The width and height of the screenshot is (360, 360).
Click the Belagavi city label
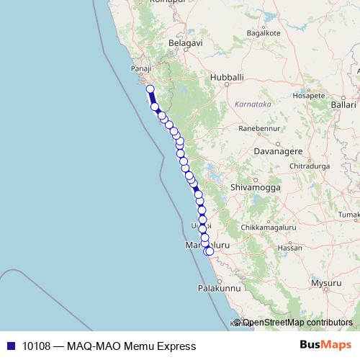tap(186, 43)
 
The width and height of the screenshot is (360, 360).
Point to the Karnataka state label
tap(252, 104)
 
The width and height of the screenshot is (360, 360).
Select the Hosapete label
tap(304, 95)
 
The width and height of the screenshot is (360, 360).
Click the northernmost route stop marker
tap(150, 89)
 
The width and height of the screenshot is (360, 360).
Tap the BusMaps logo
tap(328, 346)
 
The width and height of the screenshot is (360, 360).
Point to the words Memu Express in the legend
tap(156, 346)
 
